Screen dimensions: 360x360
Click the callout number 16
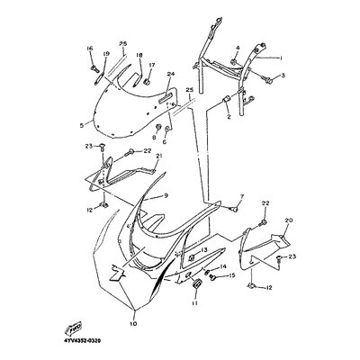click(x=90, y=47)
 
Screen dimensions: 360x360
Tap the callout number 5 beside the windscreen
click(x=82, y=125)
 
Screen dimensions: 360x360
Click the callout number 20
click(x=288, y=220)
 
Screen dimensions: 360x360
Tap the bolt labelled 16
click(x=93, y=65)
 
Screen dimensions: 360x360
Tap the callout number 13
click(x=203, y=250)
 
